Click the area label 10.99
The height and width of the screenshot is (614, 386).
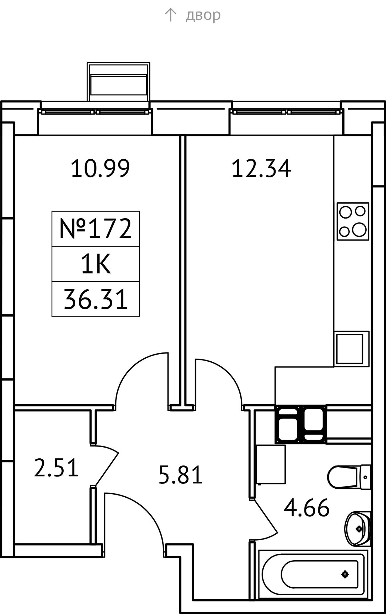click(100, 168)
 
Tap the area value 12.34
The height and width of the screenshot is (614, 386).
click(261, 168)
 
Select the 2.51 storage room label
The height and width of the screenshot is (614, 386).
click(56, 468)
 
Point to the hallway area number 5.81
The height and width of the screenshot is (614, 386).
click(181, 475)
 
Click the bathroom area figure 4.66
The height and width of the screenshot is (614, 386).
click(306, 508)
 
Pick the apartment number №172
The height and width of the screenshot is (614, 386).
click(96, 229)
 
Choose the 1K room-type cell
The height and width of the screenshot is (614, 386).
click(96, 264)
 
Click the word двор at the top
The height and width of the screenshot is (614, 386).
click(203, 15)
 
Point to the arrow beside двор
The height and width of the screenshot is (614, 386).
click(170, 15)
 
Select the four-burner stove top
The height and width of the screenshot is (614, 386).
click(353, 221)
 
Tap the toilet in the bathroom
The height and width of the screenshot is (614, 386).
click(349, 477)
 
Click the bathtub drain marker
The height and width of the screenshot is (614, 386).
click(345, 574)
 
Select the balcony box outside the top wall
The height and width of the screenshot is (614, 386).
click(118, 82)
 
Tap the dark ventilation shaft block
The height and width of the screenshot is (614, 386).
click(301, 424)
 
